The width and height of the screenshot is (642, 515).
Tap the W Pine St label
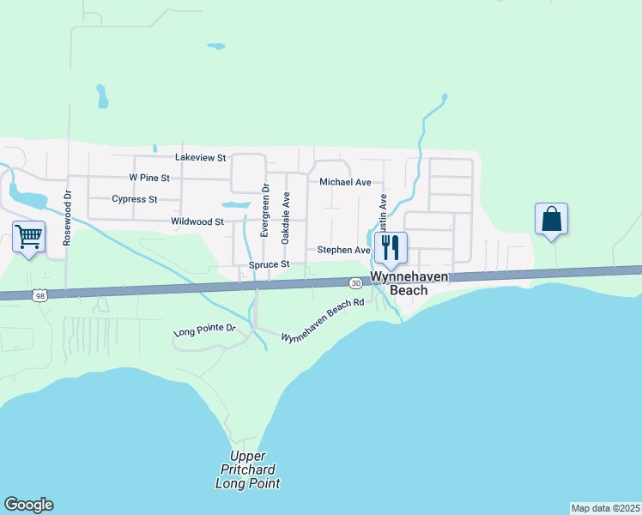coord(149,178)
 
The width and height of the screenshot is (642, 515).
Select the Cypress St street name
coord(135,199)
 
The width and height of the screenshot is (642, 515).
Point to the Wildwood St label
coord(197,221)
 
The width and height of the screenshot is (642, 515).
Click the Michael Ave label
coord(345,182)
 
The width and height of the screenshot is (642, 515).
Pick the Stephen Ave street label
coord(343,250)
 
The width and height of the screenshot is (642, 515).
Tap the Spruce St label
coord(270,265)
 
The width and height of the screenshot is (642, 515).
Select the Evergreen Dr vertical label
coord(266,210)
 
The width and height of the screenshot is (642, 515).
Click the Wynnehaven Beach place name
coord(397,284)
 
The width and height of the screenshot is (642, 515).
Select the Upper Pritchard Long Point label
coord(247,470)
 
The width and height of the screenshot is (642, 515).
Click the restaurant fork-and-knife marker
coord(390,246)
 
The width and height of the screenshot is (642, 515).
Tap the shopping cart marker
coord(28,235)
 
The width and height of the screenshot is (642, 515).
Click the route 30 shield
coord(355,282)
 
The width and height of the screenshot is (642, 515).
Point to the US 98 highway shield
coord(39,295)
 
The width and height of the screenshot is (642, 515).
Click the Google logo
coord(28,505)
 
